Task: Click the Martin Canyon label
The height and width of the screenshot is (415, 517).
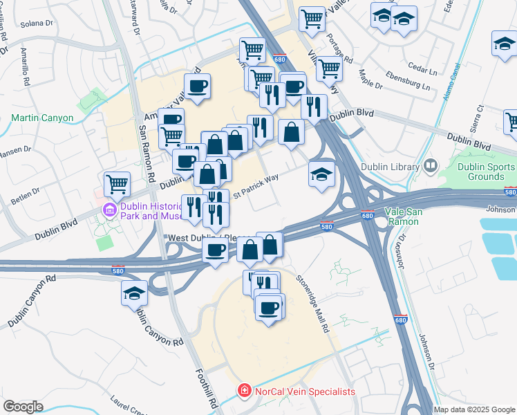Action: tap(42, 118)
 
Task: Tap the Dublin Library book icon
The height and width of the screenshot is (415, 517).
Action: tap(431, 166)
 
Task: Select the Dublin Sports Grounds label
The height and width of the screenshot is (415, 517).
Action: tap(487, 172)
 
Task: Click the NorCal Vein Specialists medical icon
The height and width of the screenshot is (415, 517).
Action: tap(243, 391)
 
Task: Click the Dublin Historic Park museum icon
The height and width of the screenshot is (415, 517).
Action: tap(109, 209)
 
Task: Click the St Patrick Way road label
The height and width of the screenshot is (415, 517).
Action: tap(255, 187)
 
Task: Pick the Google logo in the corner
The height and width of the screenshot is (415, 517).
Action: tap(23, 407)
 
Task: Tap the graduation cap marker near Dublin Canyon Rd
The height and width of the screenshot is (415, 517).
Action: tap(134, 293)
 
